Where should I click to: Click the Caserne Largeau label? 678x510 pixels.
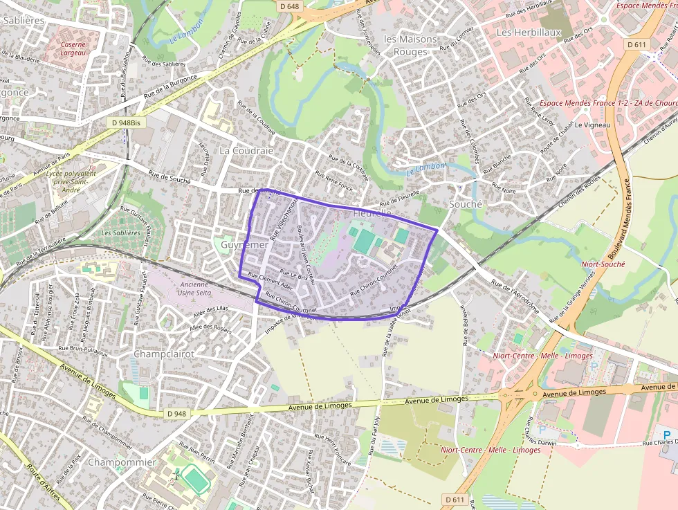click(73, 48)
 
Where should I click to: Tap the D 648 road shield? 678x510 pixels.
click(290, 6)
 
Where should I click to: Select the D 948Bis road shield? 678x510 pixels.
click(125, 122)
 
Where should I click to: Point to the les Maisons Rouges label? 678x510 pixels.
click(411, 45)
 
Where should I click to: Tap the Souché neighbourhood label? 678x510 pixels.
click(465, 204)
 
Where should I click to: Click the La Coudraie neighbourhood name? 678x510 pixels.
click(246, 150)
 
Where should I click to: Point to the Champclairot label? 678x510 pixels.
click(163, 354)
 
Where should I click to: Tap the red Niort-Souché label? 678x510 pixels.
click(603, 264)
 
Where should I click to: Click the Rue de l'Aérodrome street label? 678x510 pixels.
click(515, 297)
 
